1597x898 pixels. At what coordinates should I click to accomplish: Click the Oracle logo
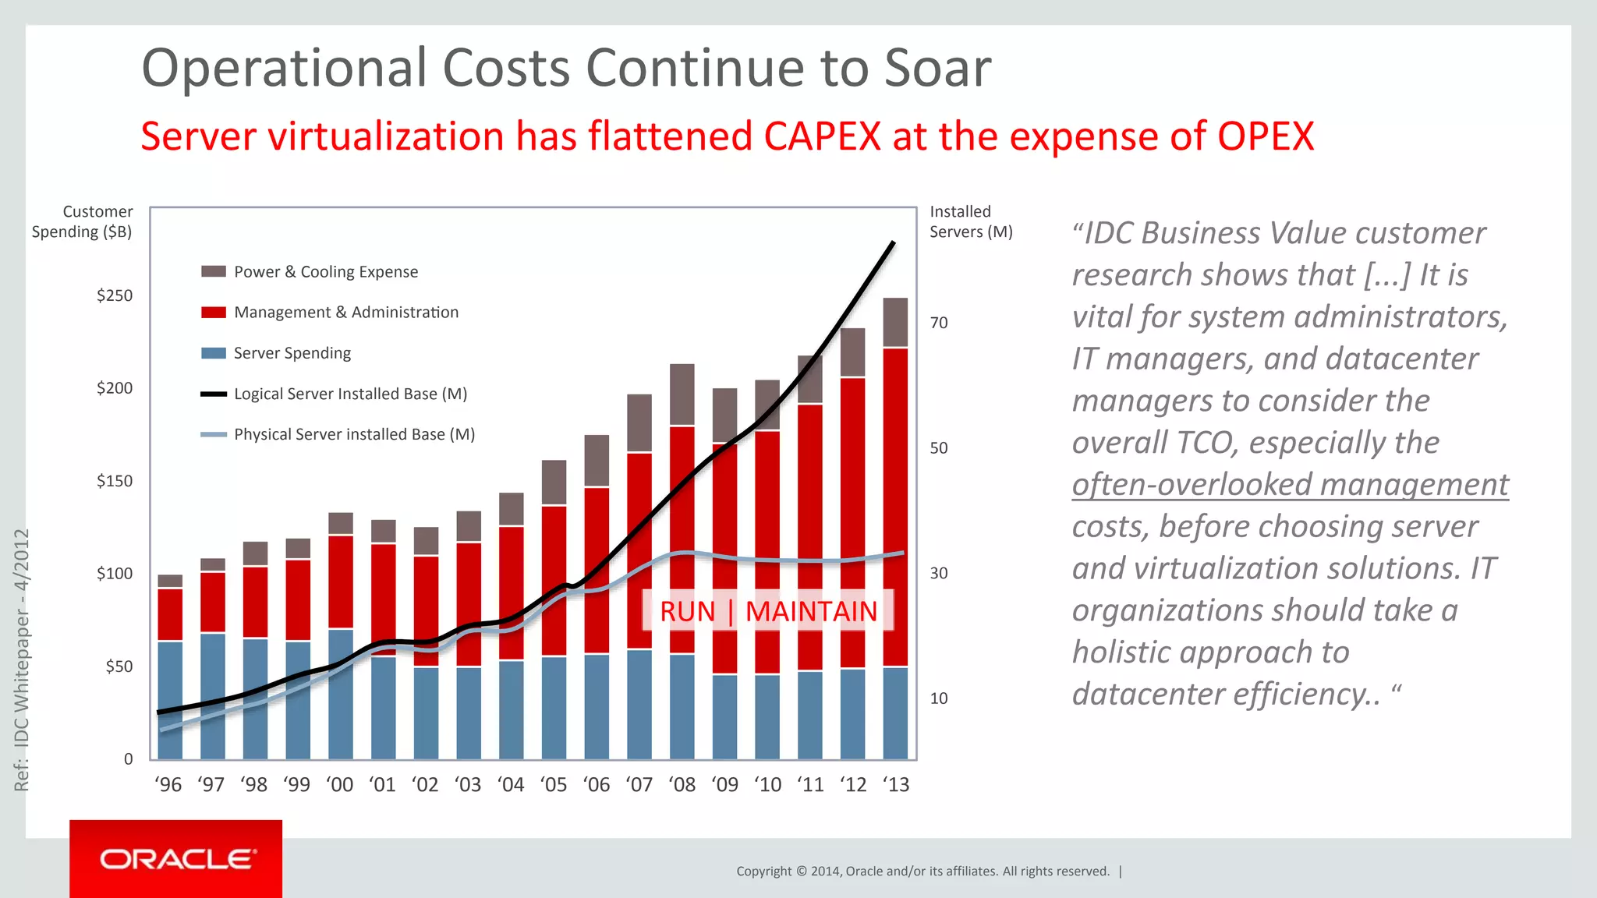coord(176,859)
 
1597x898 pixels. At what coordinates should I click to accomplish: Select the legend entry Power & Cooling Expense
coord(325,272)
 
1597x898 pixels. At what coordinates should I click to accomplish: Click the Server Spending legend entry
coord(292,353)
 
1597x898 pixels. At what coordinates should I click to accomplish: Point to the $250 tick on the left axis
coord(115,295)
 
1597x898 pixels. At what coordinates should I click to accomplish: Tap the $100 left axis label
coord(115,574)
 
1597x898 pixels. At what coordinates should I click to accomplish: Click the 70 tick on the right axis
coord(939,323)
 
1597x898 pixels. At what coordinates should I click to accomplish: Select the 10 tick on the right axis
coord(939,698)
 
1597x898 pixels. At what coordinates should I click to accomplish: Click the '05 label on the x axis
coord(554,785)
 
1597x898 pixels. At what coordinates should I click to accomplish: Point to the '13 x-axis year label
coord(896,785)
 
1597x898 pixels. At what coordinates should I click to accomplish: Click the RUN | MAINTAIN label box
coord(768,611)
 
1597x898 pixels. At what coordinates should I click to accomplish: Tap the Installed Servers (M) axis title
coord(971,221)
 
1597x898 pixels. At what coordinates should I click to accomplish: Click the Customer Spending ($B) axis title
coord(83,221)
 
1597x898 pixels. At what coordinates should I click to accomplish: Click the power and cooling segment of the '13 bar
coord(895,322)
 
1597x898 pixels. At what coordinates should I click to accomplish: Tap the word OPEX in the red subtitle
coord(1265,136)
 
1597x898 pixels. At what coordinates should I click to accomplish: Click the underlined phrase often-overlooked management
coord(1290,484)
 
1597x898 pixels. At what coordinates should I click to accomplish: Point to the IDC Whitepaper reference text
coord(22,659)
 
